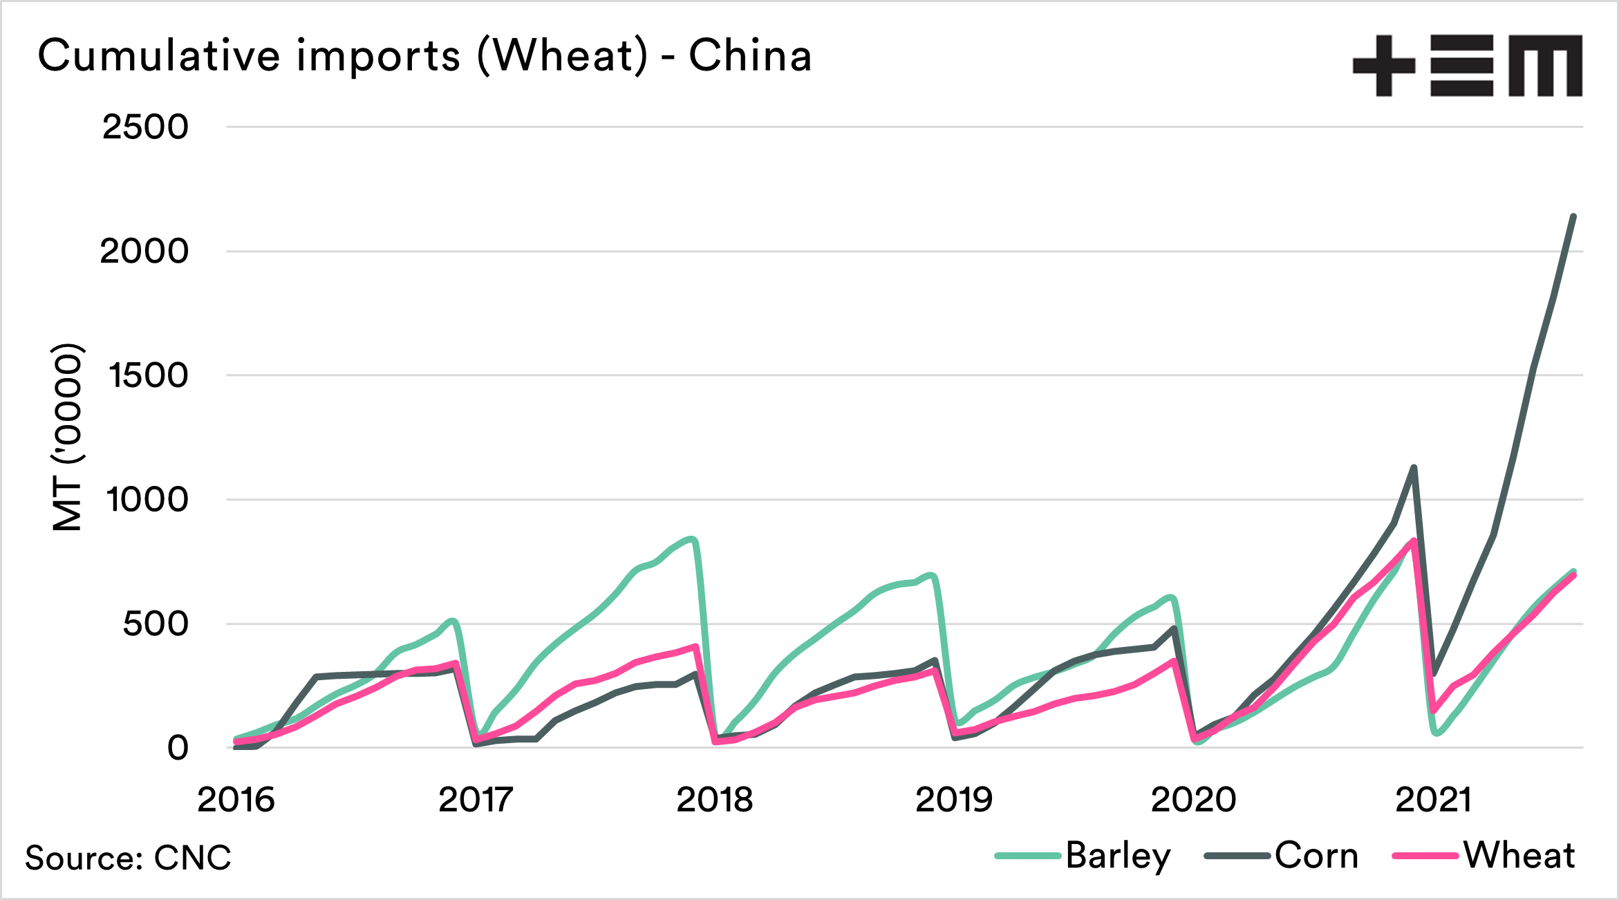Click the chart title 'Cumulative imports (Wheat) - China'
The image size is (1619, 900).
pyautogui.click(x=424, y=55)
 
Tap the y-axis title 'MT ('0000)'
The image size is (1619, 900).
pyautogui.click(x=68, y=437)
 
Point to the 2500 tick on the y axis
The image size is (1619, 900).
pyautogui.click(x=145, y=127)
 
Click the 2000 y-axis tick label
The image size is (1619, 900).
pyautogui.click(x=144, y=251)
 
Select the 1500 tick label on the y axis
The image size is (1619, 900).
pyautogui.click(x=148, y=375)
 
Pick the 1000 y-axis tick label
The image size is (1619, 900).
pyautogui.click(x=147, y=499)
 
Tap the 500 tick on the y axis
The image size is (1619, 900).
pyautogui.click(x=155, y=624)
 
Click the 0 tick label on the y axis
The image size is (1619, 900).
pyautogui.click(x=178, y=748)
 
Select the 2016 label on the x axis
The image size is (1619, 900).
pyautogui.click(x=236, y=800)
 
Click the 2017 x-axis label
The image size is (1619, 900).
pyautogui.click(x=476, y=800)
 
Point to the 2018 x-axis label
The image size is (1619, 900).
pyautogui.click(x=715, y=800)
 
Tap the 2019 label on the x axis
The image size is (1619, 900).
pyautogui.click(x=954, y=800)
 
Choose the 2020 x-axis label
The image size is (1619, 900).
pyautogui.click(x=1193, y=800)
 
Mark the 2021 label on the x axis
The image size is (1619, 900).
pyautogui.click(x=1433, y=800)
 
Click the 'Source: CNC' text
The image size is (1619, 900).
pyautogui.click(x=129, y=858)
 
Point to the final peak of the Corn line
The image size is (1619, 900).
pyautogui.click(x=1574, y=216)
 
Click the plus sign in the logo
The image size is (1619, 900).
pyautogui.click(x=1383, y=66)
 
